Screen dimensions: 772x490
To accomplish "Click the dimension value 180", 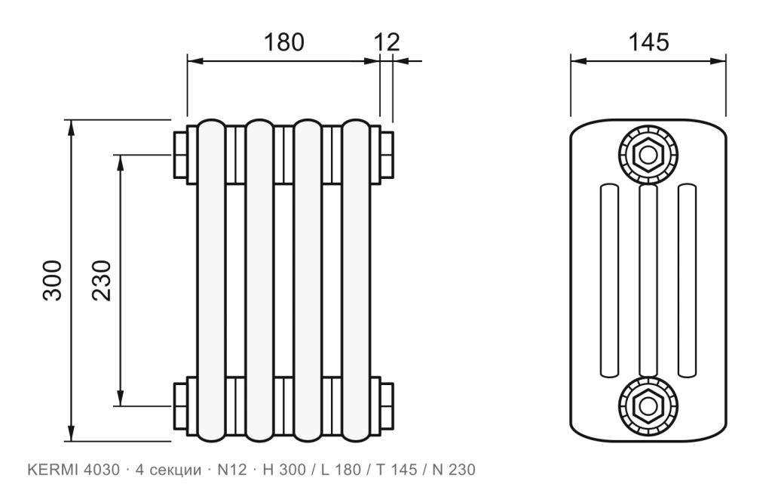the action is pyautogui.click(x=284, y=42).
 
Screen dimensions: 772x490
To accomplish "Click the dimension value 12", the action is pyautogui.click(x=387, y=42).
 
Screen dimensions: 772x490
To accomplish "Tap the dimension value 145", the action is pyautogui.click(x=648, y=42).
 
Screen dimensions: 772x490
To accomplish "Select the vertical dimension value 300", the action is pyautogui.click(x=53, y=281).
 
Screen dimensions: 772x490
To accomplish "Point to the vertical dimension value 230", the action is pyautogui.click(x=102, y=281).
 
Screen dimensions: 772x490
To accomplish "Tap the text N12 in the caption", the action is pyautogui.click(x=232, y=470).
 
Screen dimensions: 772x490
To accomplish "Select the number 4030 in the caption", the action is pyautogui.click(x=102, y=470).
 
